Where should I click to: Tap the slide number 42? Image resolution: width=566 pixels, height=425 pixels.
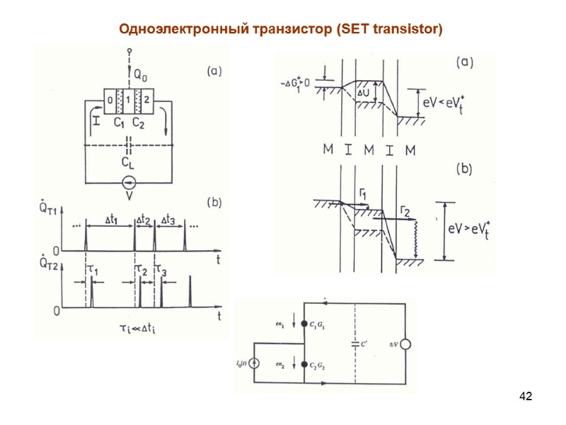point(525,395)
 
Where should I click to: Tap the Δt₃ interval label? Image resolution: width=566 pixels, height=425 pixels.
point(169,220)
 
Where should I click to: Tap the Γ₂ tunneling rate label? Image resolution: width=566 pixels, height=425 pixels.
point(405,210)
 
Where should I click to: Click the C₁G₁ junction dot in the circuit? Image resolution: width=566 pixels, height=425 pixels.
point(304,324)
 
